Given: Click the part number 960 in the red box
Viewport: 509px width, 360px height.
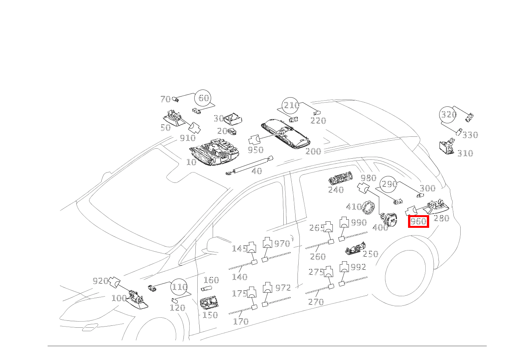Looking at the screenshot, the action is tap(418, 221).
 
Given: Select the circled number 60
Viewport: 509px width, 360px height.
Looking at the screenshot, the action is tap(203, 98).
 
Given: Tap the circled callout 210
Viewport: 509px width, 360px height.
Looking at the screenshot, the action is tap(291, 105).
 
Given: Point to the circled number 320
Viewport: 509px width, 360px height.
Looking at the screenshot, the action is tap(448, 114).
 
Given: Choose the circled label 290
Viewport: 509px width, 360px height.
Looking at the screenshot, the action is tap(389, 184).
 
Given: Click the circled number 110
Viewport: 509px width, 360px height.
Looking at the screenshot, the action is tap(179, 287).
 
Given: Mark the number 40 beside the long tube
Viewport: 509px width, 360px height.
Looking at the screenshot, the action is tap(257, 171).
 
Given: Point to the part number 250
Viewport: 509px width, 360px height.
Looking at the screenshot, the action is tap(370, 254).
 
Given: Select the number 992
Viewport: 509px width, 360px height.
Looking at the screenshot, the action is tap(359, 267).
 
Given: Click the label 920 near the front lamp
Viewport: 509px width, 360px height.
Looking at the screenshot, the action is tap(101, 281).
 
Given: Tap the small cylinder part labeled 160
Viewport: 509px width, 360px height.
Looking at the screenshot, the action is tap(207, 289).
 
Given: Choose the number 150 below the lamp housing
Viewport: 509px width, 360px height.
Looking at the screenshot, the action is tap(210, 315).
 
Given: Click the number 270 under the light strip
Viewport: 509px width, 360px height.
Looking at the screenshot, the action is tap(316, 302).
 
